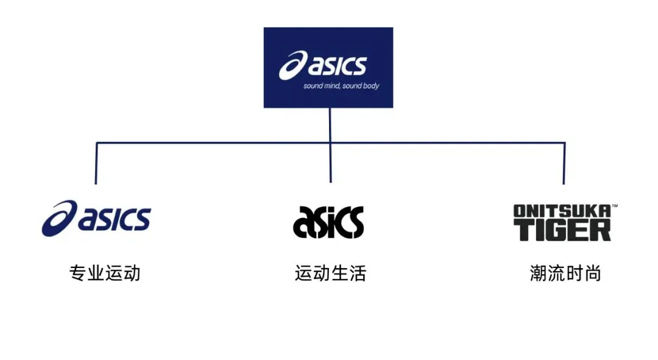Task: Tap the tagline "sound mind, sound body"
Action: (341, 86)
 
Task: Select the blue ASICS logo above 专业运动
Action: (96, 218)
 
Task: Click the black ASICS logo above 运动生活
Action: (328, 222)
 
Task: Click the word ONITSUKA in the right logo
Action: (561, 211)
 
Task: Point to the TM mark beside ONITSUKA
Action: (614, 206)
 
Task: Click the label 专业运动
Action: (105, 274)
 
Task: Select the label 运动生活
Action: (330, 274)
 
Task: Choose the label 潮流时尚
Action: (565, 274)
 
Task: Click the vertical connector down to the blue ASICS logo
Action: (96, 163)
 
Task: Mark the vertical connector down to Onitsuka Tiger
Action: (564, 163)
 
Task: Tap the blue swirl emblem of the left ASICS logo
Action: (59, 218)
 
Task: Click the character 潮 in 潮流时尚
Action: (539, 274)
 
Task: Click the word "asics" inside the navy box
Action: (337, 66)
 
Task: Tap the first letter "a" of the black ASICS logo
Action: (303, 224)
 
